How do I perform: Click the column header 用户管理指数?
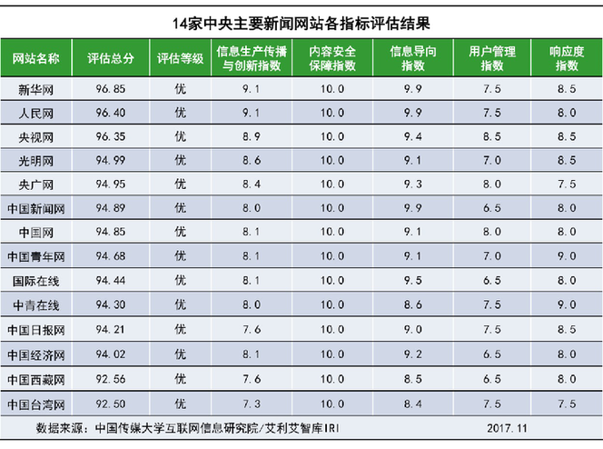tap(492, 59)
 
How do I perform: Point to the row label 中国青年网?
tap(36, 255)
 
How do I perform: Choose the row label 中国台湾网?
tap(36, 403)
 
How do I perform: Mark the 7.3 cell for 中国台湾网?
tap(252, 403)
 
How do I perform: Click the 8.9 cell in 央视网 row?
tap(252, 136)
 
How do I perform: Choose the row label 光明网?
tap(36, 161)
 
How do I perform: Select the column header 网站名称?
tap(36, 59)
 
